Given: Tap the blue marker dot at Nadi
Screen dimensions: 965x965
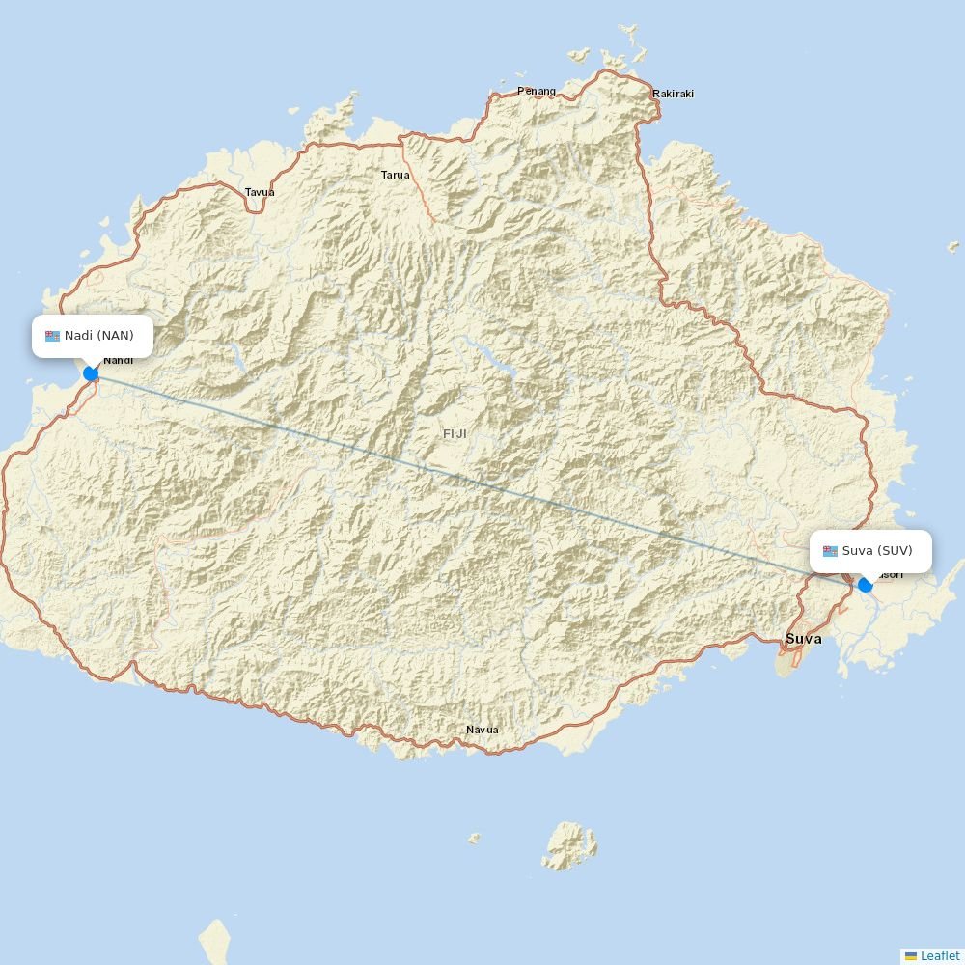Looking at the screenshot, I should click(x=91, y=373).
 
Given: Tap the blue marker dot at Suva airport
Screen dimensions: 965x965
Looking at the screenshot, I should click(x=866, y=584).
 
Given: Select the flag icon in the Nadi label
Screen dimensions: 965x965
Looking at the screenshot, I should click(x=52, y=336).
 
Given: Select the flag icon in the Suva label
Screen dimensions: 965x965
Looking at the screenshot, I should click(x=830, y=551).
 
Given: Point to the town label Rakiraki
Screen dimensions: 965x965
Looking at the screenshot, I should click(x=673, y=94).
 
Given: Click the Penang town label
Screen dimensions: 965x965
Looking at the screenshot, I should click(x=537, y=91).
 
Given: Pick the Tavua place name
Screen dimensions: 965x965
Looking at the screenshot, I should click(x=260, y=192).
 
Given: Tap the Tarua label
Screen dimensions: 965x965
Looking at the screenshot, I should click(x=395, y=175).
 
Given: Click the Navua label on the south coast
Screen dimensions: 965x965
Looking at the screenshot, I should click(x=482, y=730).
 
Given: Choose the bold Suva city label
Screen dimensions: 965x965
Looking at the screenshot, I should click(x=804, y=639).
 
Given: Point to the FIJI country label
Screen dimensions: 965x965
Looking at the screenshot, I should click(x=455, y=434).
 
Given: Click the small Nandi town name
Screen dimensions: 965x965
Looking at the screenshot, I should click(x=119, y=361).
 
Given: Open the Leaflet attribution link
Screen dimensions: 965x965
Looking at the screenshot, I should click(x=940, y=955).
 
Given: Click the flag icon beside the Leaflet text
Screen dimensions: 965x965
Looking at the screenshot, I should click(x=910, y=955).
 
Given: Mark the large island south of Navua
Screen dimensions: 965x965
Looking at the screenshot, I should click(x=569, y=846).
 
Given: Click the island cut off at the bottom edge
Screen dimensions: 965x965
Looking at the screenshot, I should click(x=215, y=942).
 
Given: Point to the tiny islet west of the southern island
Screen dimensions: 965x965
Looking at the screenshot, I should click(x=474, y=839).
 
